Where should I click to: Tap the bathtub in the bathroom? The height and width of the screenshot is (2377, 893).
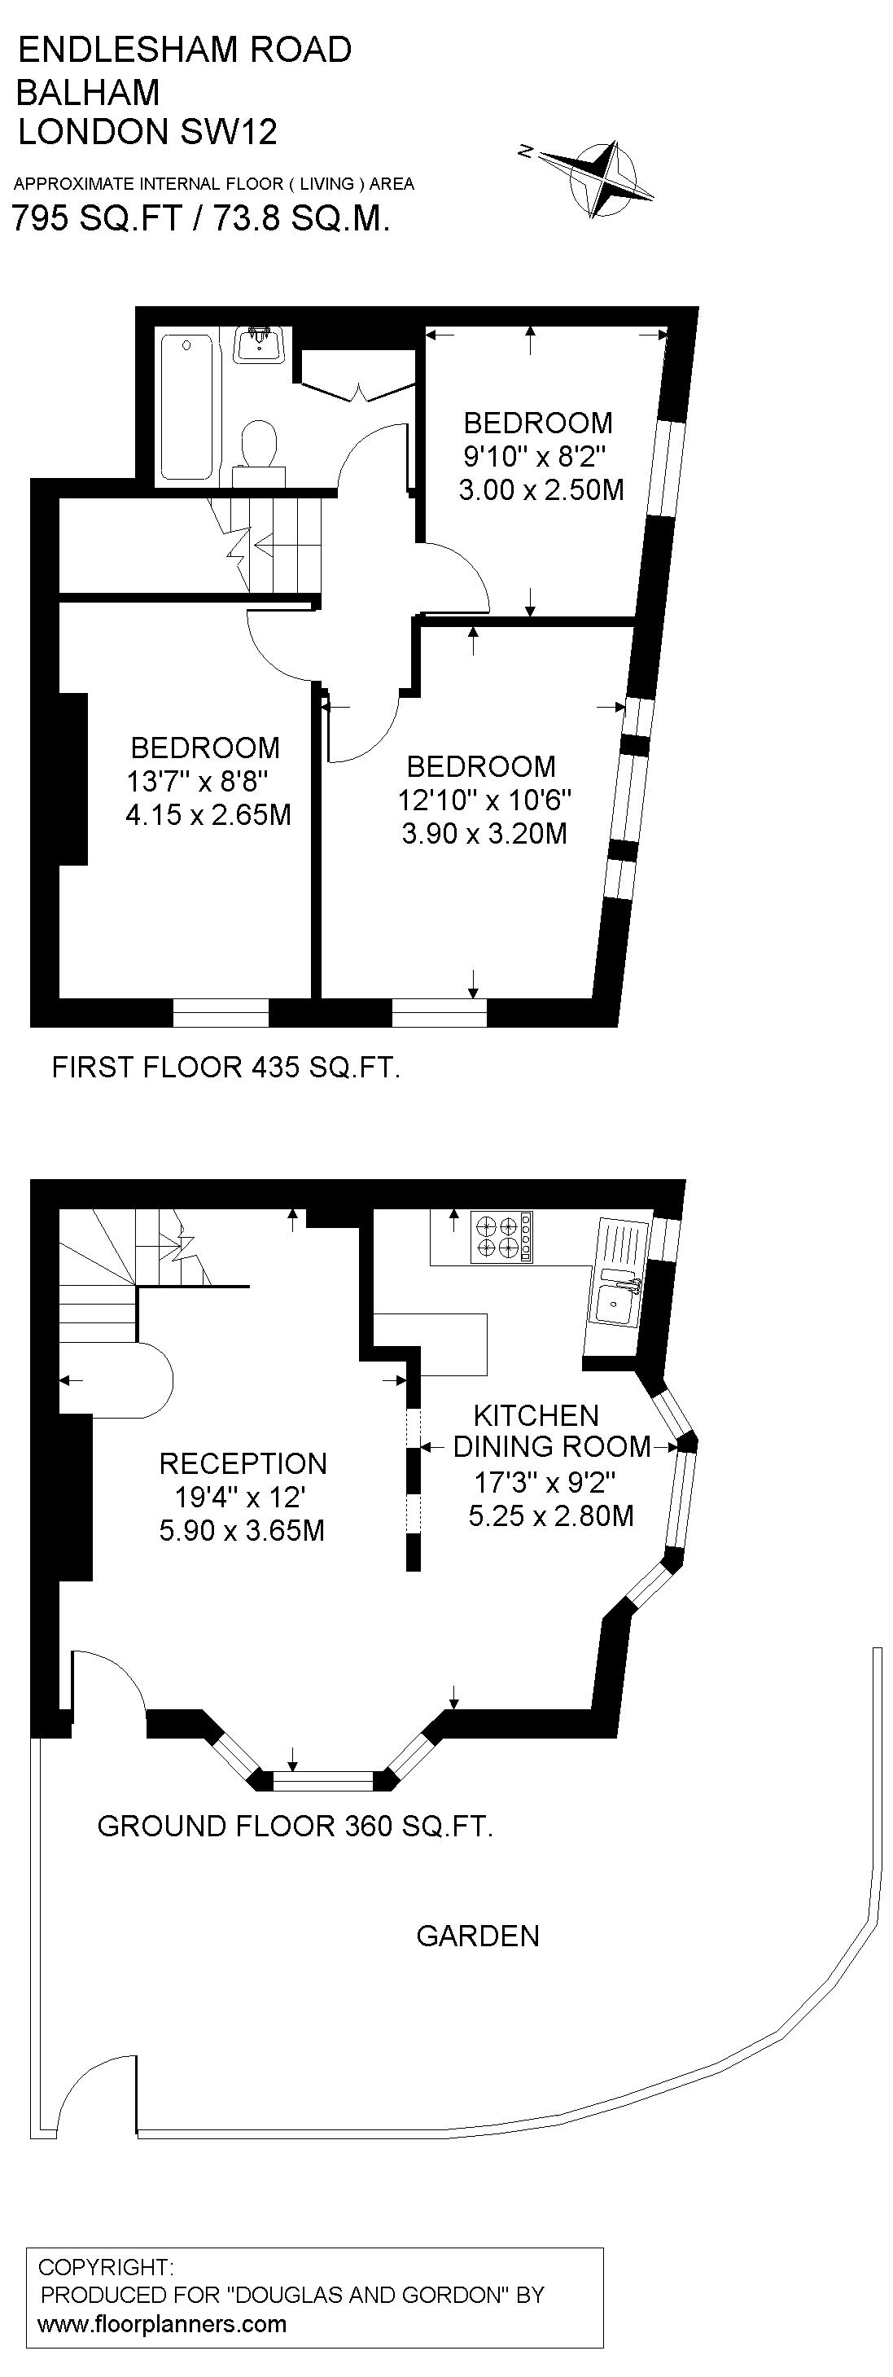click(x=187, y=406)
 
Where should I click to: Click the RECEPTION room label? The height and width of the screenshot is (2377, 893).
click(x=243, y=1463)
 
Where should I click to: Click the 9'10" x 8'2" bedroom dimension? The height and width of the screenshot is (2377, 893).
click(x=536, y=456)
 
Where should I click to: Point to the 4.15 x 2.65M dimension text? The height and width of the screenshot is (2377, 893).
click(x=208, y=815)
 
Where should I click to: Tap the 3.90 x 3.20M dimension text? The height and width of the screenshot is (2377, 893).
click(x=484, y=833)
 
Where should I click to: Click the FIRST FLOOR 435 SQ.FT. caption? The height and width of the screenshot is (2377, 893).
click(x=226, y=1068)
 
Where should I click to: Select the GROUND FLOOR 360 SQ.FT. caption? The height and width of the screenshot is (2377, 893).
click(x=295, y=1827)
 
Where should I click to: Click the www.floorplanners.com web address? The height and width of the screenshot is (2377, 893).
click(x=162, y=2323)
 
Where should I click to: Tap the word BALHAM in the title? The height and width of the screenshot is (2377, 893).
click(x=89, y=91)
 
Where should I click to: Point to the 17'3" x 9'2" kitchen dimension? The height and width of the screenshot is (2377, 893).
click(x=545, y=1482)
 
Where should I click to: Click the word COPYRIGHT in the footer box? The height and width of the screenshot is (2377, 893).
click(x=105, y=2266)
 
